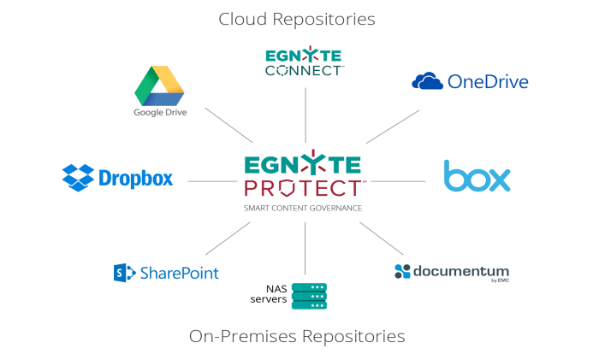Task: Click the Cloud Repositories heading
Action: [296, 18]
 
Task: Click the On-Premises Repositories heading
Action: [296, 336]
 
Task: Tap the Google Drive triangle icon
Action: [160, 85]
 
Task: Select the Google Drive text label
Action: [160, 112]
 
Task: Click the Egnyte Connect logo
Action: [305, 62]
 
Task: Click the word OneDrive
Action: [488, 82]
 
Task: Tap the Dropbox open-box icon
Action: [78, 178]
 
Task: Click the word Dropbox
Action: [136, 179]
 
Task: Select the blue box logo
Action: [477, 176]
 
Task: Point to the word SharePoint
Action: [180, 274]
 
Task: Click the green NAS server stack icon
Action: [309, 296]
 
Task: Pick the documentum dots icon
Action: [402, 271]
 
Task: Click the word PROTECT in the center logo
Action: [302, 188]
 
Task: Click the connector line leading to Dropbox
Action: [211, 180]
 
